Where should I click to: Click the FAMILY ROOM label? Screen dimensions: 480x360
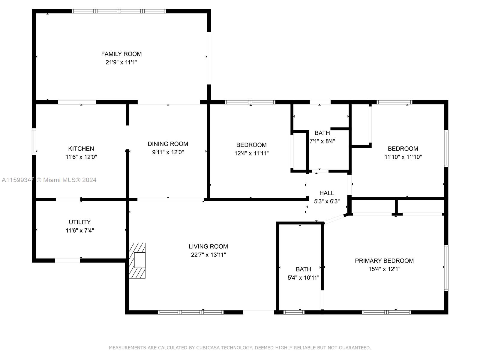tap(121, 54)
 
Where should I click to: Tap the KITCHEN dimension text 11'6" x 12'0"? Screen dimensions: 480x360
tap(81, 157)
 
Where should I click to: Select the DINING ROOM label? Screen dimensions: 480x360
tap(168, 144)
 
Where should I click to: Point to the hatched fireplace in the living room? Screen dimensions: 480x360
tap(137, 260)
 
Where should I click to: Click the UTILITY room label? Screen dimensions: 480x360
tap(79, 222)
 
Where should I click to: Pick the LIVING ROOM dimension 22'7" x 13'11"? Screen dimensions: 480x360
tap(208, 255)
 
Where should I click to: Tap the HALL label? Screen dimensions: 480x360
tap(327, 193)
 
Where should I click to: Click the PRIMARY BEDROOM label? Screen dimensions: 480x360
tap(384, 260)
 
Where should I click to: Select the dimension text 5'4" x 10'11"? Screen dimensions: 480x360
tap(303, 277)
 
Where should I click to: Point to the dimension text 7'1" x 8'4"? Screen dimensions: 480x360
tap(322, 141)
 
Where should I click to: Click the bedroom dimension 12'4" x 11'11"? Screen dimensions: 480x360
tap(251, 153)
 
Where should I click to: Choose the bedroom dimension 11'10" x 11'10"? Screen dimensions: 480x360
tap(403, 157)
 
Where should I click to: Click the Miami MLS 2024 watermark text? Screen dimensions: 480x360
tap(66, 180)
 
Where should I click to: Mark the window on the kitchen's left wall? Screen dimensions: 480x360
tap(34, 142)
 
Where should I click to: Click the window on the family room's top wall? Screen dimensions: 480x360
tap(119, 11)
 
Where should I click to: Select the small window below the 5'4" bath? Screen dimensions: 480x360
tap(294, 312)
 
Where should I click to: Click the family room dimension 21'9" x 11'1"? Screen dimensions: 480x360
tap(121, 62)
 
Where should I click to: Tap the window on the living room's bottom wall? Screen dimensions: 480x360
tap(191, 312)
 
